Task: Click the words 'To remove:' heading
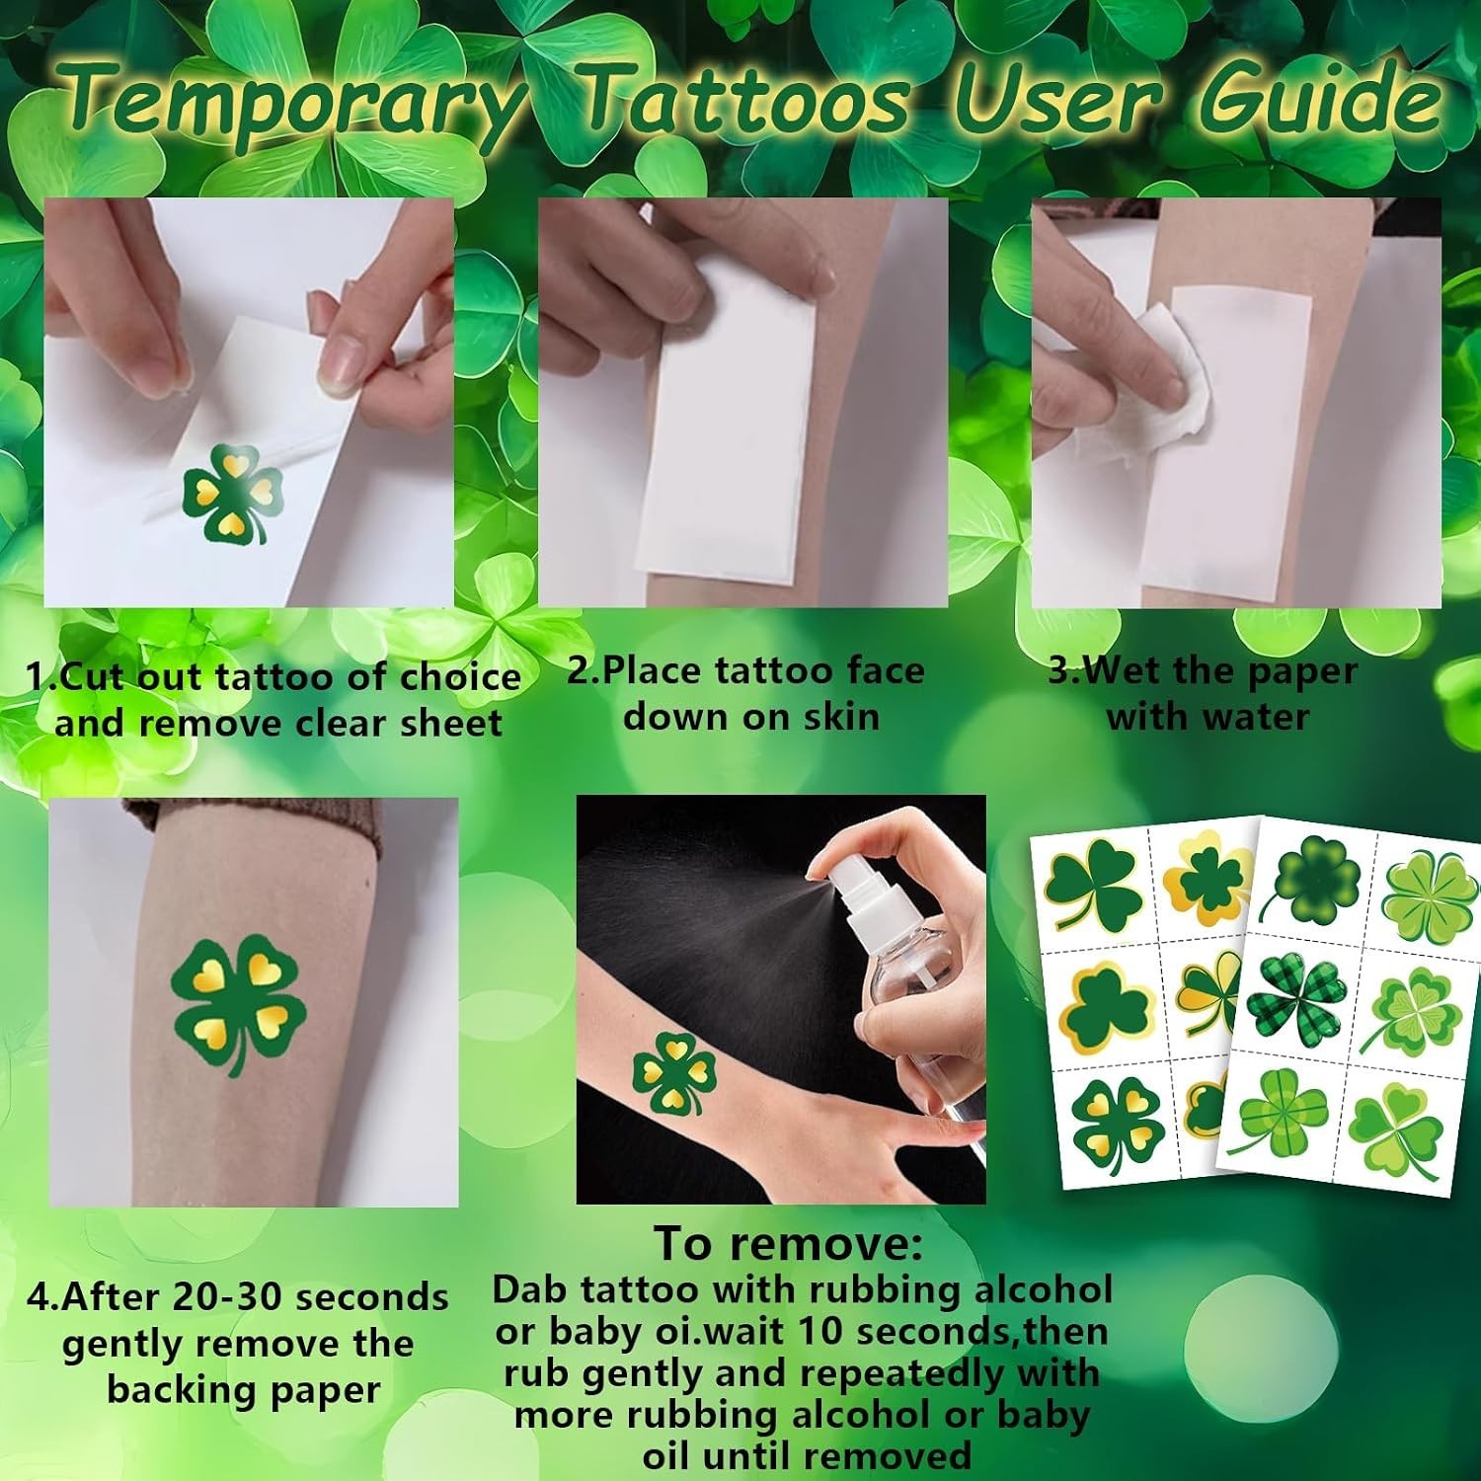click(x=788, y=1243)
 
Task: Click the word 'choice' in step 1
click(x=460, y=677)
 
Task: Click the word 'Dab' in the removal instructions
click(x=531, y=1289)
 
